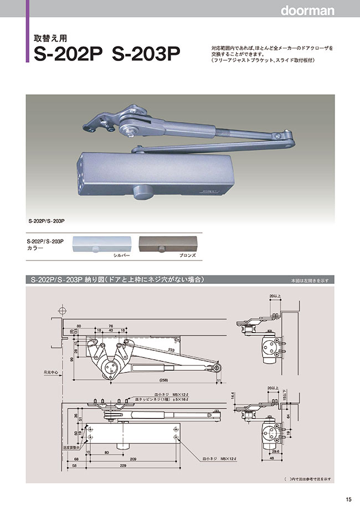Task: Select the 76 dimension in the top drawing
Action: tap(110, 325)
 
